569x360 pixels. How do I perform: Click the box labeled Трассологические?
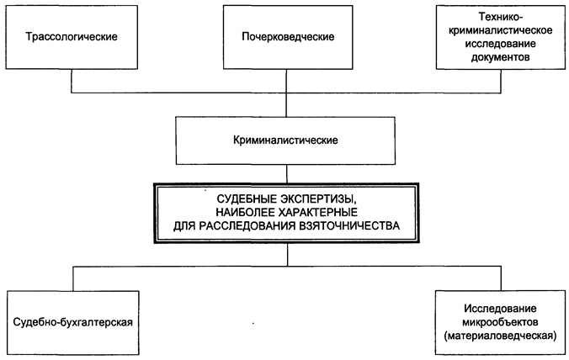[x=72, y=37]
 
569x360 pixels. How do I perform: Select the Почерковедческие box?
[x=288, y=37]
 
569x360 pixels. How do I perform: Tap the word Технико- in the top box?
[x=501, y=17]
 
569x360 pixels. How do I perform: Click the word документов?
[x=501, y=57]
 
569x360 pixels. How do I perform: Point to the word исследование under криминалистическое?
[x=501, y=44]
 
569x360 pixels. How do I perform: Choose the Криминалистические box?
[x=285, y=140]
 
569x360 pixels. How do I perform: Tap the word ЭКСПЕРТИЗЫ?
[x=321, y=199]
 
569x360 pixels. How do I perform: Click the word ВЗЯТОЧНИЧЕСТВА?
[x=349, y=225]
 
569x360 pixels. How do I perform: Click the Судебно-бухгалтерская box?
[x=73, y=323]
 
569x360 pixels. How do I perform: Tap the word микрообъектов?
[x=500, y=322]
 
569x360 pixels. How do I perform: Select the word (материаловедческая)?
[x=500, y=336]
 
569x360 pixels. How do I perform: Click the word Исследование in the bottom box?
[x=500, y=309]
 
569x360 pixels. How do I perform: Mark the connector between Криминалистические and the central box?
[x=287, y=174]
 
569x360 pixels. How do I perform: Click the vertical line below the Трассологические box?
[x=72, y=81]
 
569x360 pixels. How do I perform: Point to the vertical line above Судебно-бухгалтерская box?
[x=73, y=278]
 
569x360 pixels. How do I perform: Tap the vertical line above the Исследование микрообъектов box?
[x=501, y=278]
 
